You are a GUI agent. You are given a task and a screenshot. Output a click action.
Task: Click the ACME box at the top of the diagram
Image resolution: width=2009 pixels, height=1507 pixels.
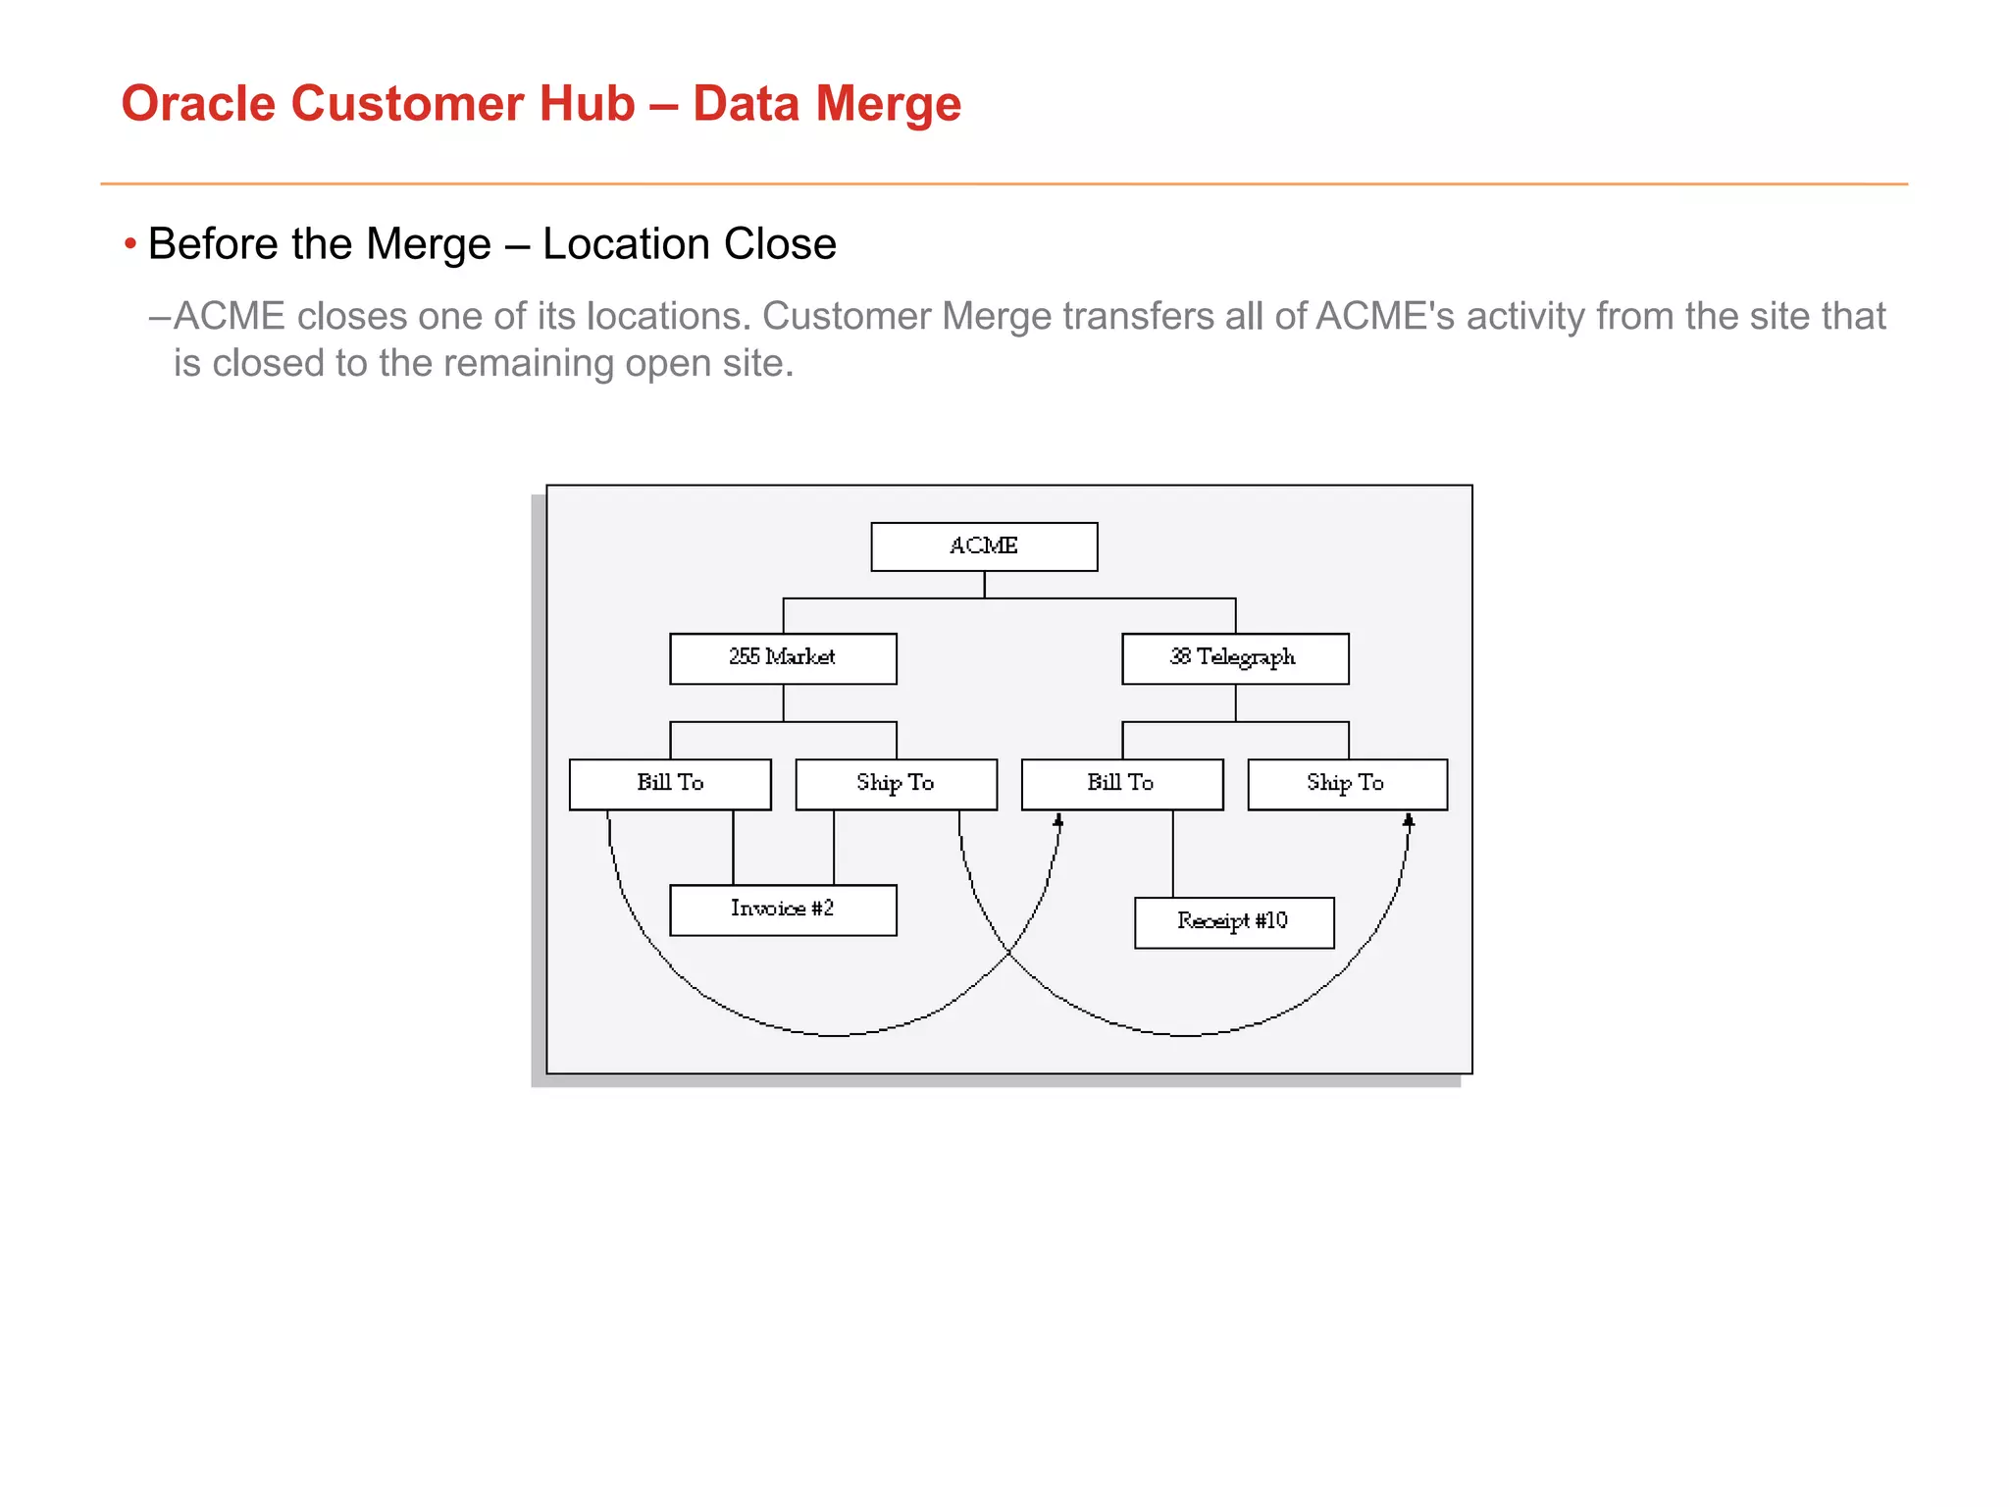click(984, 546)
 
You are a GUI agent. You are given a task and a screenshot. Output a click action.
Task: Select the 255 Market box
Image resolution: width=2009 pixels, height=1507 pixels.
click(783, 658)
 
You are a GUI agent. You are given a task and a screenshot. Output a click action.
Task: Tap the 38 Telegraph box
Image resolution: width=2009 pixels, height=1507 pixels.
click(1235, 658)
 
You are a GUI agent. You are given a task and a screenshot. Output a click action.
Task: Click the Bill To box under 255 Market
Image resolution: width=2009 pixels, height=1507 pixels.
click(670, 784)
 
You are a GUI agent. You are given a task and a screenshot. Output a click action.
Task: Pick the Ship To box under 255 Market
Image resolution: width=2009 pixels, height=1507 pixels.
click(896, 784)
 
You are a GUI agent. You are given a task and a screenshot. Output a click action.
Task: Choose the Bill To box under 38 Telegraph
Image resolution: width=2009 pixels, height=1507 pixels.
click(1122, 784)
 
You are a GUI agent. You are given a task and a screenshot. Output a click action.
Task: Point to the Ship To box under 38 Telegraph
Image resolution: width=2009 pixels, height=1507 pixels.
click(1347, 784)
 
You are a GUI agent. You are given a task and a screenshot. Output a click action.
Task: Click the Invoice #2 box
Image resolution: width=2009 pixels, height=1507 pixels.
click(783, 909)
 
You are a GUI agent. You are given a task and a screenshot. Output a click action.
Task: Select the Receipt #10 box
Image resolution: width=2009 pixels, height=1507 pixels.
click(1234, 922)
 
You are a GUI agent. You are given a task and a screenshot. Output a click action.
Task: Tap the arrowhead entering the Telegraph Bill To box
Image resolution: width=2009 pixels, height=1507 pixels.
click(1058, 820)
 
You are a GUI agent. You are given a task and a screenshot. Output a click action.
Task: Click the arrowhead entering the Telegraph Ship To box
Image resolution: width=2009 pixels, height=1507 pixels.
click(1409, 820)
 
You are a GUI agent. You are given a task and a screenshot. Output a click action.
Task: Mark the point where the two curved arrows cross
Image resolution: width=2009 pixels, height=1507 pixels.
click(1009, 952)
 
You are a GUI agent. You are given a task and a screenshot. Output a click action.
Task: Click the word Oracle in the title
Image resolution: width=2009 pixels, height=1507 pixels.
click(197, 104)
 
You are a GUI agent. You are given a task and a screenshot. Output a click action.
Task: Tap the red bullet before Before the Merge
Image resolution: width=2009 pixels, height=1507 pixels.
click(130, 243)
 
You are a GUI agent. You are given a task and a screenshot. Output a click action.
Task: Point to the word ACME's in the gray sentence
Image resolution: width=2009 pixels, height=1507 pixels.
click(1384, 316)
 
